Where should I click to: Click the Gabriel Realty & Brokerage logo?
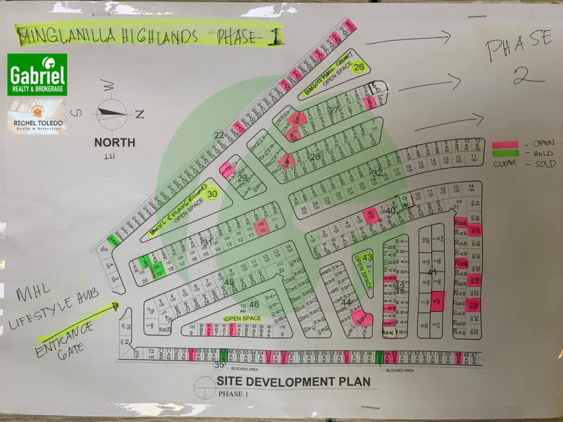37,75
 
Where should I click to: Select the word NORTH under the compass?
115,142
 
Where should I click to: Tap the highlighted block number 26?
359,68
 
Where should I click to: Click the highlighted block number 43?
367,257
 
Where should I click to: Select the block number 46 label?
254,304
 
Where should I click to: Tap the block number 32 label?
377,172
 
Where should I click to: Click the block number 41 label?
433,271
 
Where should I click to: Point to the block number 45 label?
229,282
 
